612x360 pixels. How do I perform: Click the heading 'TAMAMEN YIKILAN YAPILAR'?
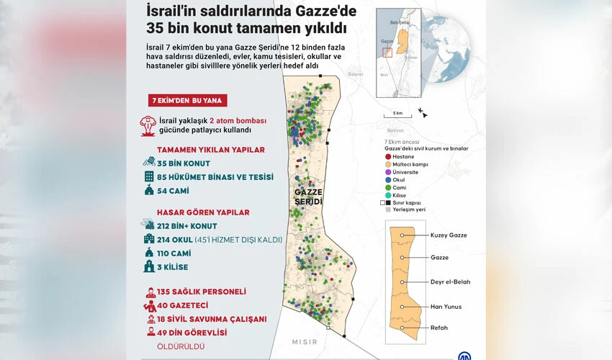pyautogui.click(x=201, y=150)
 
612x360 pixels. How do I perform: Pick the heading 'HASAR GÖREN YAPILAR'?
pyautogui.click(x=203, y=212)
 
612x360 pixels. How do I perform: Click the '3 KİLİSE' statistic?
pyautogui.click(x=172, y=267)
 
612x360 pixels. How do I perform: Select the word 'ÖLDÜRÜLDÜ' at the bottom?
pyautogui.click(x=181, y=346)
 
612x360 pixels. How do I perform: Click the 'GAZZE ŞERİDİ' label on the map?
pyautogui.click(x=307, y=197)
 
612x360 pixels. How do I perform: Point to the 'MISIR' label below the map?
pyautogui.click(x=305, y=341)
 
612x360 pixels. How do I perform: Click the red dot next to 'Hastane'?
pyautogui.click(x=388, y=156)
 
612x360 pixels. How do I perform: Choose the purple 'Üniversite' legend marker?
pyautogui.click(x=388, y=172)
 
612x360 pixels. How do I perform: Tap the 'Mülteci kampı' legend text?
pyautogui.click(x=410, y=164)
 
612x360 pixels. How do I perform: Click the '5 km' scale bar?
pyautogui.click(x=397, y=113)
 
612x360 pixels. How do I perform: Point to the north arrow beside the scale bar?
pyautogui.click(x=422, y=112)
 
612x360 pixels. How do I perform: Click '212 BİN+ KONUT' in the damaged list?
pyautogui.click(x=186, y=225)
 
